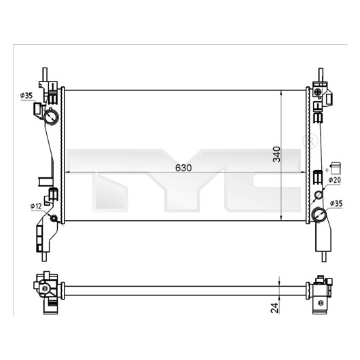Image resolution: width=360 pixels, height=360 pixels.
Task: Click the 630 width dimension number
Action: point(183,168)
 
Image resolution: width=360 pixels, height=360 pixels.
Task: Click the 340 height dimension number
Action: point(276,154)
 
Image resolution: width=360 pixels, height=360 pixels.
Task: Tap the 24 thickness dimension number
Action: point(275,308)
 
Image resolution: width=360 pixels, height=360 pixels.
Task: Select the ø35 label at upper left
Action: point(26,96)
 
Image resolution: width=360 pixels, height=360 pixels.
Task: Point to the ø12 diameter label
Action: point(36,206)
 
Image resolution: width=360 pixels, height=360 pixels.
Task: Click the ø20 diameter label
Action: point(334,180)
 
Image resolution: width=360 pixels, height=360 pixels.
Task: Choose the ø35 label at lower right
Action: point(336,203)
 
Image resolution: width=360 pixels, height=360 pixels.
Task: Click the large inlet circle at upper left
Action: point(52,117)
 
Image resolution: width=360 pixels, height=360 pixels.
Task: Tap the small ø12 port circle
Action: point(54,218)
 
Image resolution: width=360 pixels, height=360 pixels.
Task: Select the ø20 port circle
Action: point(319,195)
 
